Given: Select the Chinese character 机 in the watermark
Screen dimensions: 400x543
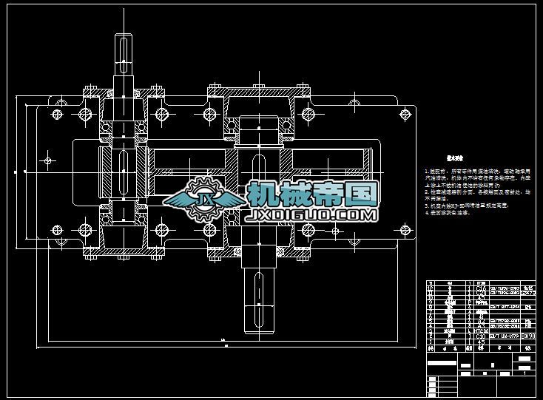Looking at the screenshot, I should tap(263, 194).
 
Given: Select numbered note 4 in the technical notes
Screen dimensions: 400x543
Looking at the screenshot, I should tap(448, 212).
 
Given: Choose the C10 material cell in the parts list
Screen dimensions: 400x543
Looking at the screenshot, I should tap(479, 336).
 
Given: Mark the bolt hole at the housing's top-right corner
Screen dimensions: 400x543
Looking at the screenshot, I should tap(405, 114).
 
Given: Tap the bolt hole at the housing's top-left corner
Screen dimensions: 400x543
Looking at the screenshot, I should tap(57, 113).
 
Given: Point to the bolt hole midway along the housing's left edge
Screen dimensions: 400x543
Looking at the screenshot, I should tap(49, 160).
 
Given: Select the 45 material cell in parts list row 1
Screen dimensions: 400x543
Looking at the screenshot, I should tap(479, 342).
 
